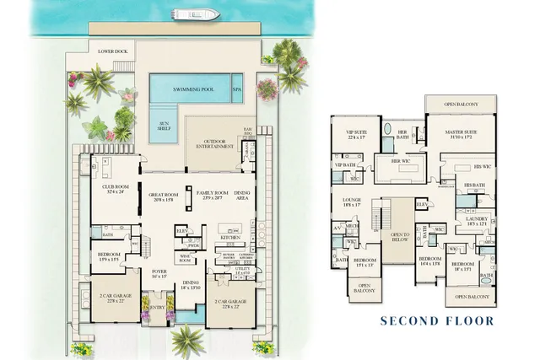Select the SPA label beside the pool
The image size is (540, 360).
(237, 89)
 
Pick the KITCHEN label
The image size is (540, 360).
(231, 239)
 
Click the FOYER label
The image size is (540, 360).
(159, 272)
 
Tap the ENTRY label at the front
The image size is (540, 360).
(157, 308)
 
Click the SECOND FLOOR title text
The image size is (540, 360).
(436, 321)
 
